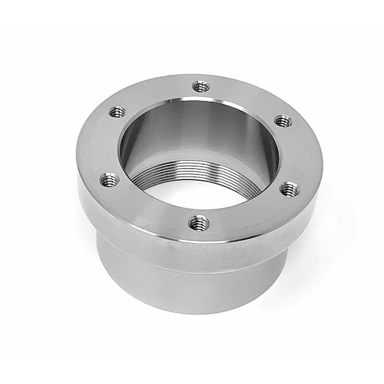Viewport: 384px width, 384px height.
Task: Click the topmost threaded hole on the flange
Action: (201, 85)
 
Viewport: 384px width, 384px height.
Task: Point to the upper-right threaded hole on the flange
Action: (283, 120)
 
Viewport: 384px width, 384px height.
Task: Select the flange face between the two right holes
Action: (301, 154)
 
